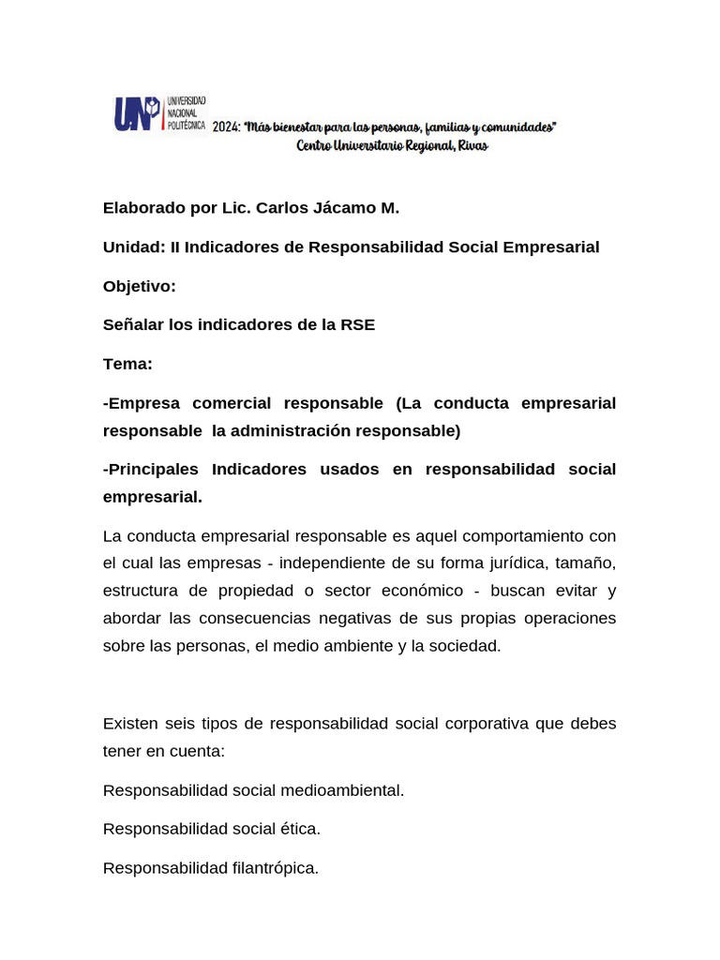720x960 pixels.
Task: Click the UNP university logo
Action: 159,114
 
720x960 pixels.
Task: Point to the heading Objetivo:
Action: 140,286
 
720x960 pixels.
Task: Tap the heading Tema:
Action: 127,364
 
